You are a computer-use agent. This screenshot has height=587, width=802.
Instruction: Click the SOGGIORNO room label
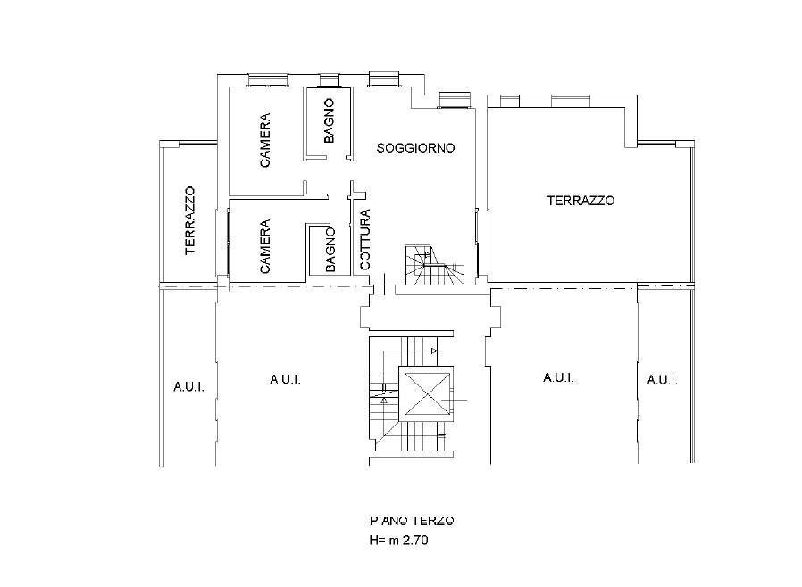click(415, 148)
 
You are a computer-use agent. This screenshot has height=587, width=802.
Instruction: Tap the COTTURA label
click(364, 239)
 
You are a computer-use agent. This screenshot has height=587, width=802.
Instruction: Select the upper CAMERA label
click(265, 140)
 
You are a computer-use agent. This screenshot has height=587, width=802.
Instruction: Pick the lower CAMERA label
click(265, 246)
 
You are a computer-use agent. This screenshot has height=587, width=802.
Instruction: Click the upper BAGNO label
click(330, 121)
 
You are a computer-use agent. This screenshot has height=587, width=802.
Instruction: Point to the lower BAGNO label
click(330, 250)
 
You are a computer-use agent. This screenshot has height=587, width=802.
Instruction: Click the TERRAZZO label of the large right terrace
click(581, 201)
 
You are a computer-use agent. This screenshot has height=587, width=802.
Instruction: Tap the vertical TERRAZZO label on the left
click(190, 220)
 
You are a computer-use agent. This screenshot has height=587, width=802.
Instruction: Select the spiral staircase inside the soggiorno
click(434, 265)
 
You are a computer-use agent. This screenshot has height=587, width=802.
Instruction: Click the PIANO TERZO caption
click(412, 521)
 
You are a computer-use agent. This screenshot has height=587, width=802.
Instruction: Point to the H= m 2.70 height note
click(399, 540)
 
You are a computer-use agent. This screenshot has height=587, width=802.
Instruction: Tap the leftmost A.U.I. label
click(189, 387)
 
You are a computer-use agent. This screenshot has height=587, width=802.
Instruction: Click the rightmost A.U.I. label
click(663, 380)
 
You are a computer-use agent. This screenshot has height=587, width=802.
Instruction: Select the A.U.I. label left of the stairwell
click(286, 379)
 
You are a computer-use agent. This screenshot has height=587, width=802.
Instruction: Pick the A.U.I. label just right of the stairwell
click(558, 378)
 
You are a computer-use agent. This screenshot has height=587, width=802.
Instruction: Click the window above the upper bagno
click(330, 80)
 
